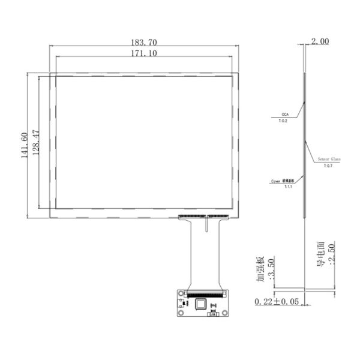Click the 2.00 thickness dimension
(x=320, y=42)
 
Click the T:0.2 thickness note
(x=283, y=121)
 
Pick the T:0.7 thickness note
(x=328, y=166)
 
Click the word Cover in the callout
(x=276, y=181)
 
